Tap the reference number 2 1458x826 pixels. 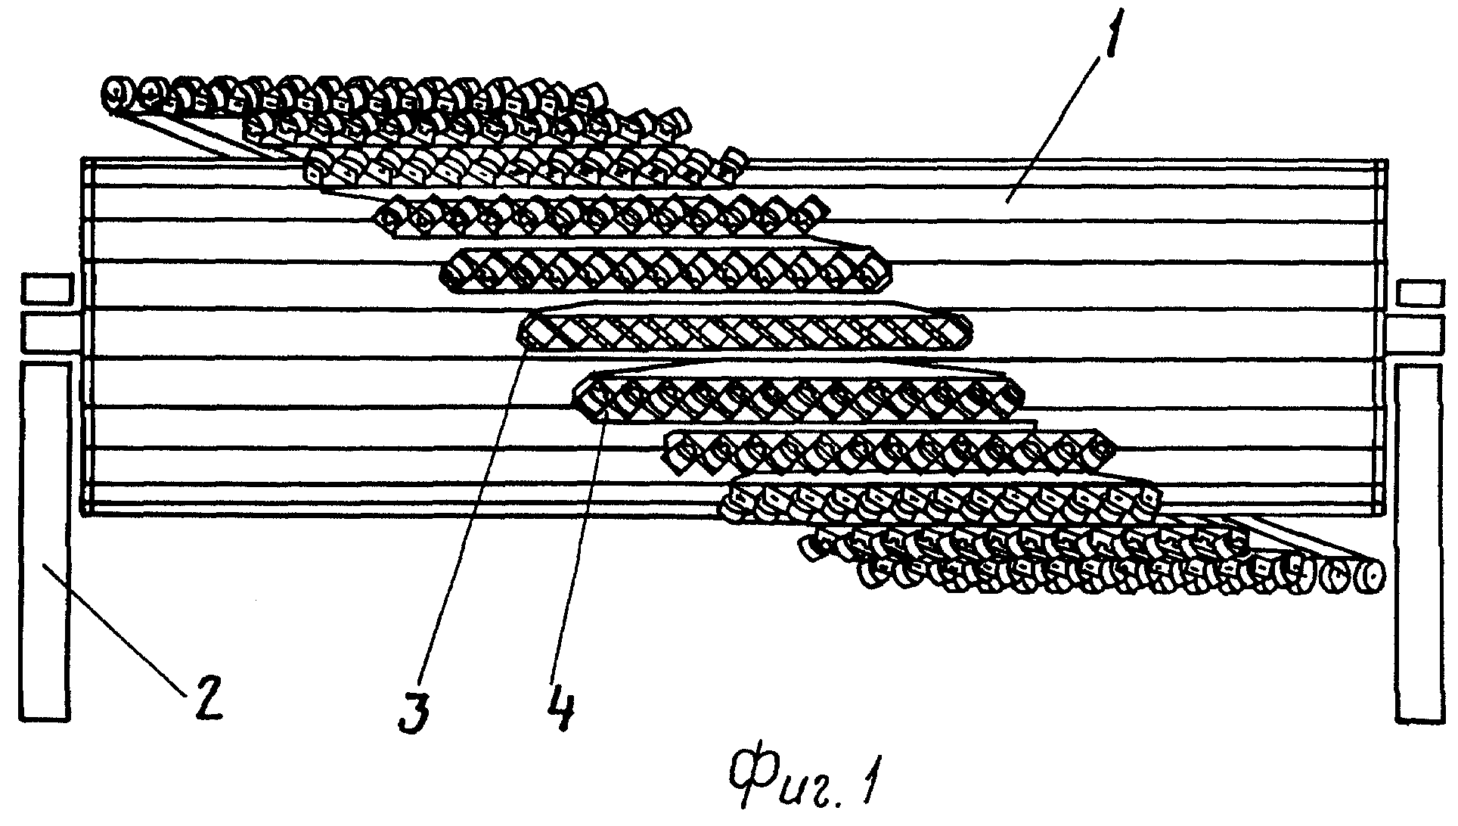[203, 694]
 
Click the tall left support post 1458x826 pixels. [46, 542]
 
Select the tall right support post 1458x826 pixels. [1420, 542]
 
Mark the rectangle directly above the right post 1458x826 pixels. [1419, 334]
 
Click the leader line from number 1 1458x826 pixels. [1054, 128]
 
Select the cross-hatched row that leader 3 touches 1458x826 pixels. [745, 331]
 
